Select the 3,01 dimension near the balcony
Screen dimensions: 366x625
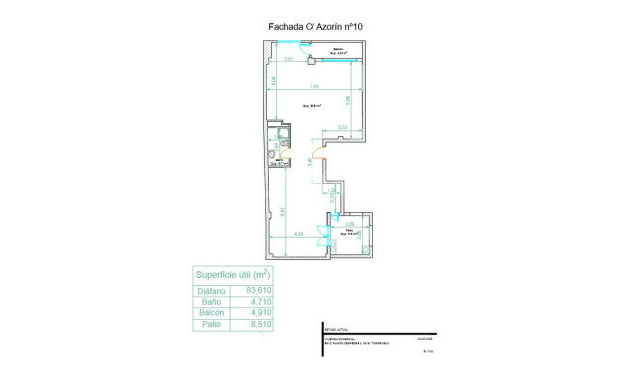point(288,61)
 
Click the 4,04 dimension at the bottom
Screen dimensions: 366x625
point(298,234)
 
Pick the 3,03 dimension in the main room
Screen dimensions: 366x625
point(343,127)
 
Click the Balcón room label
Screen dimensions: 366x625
point(339,49)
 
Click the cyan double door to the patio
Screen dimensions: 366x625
point(322,236)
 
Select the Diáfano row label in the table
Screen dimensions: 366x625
point(211,291)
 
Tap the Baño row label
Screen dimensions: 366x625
point(211,302)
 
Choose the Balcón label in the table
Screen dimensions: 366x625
point(211,312)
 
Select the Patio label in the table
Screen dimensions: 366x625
point(211,324)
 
